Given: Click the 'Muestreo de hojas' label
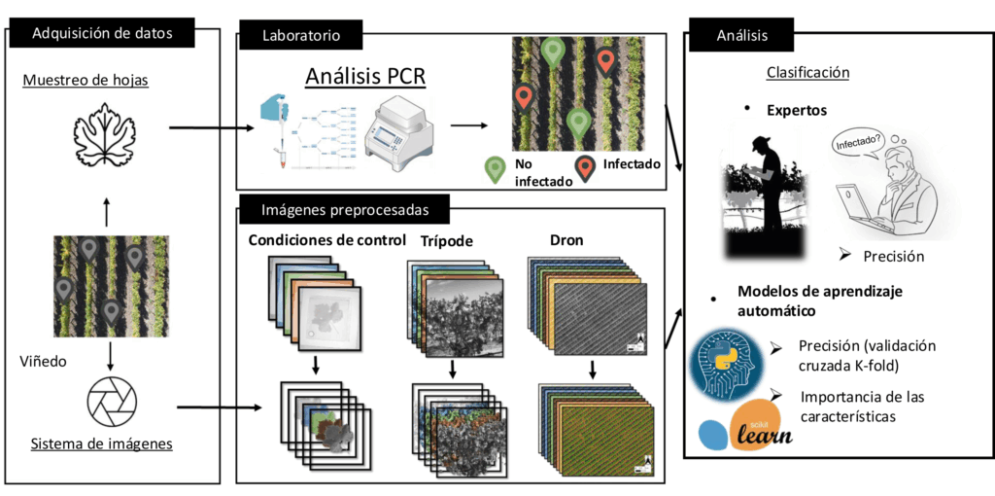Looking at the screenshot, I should (x=86, y=80).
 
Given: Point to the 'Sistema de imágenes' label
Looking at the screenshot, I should (x=102, y=444).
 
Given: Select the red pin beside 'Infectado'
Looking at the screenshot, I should (x=586, y=170).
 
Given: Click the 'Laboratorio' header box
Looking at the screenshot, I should (x=300, y=36).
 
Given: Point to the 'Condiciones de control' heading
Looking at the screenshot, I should (x=314, y=240).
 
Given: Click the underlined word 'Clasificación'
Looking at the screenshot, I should (x=807, y=72).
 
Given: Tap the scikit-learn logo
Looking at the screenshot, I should (x=746, y=429).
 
